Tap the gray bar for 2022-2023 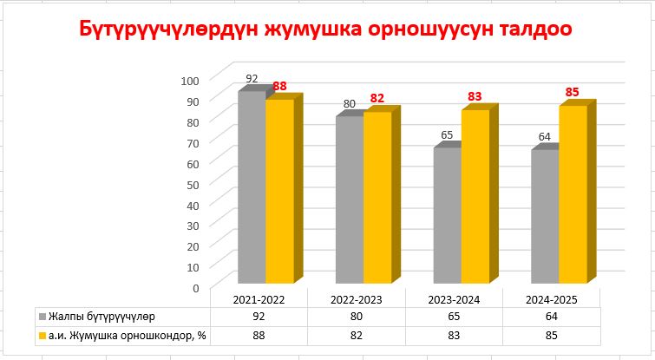point(350,200)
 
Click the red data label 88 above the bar point(279,86)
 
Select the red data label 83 point(475,96)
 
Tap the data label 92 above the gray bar point(252,78)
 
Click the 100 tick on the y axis point(190,79)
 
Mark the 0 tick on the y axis point(196,287)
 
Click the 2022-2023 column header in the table point(357,299)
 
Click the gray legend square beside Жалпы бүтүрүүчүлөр point(43,316)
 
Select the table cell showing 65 point(454,316)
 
